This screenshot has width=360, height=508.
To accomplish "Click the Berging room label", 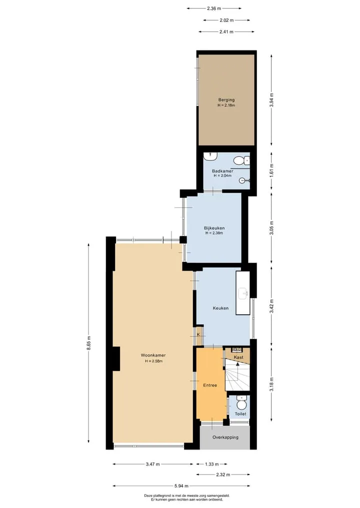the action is point(226,100).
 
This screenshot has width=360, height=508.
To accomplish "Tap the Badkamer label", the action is point(222,171).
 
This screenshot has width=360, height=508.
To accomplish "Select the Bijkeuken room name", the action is point(214,228).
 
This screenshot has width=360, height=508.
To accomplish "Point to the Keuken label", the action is point(220,308).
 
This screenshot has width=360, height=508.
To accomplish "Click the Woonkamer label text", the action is point(153,355).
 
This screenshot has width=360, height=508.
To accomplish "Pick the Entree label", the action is point(210,385).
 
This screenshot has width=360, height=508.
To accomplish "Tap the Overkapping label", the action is point(225,438).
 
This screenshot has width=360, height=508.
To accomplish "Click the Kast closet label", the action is point(238,357).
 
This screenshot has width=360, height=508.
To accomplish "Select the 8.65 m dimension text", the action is point(88,343).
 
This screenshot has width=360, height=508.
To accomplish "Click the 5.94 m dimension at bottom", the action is point(181,486).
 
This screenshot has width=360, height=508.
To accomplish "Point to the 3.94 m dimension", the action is point(272,100).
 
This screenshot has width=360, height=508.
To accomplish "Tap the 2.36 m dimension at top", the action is point(214,9).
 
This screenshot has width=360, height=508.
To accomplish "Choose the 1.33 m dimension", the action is point(212,464).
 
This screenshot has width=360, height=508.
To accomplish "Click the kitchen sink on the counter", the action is point(243,294).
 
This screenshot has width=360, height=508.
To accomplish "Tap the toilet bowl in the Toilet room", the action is point(241,404).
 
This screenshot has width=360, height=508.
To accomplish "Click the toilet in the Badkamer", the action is point(239,160).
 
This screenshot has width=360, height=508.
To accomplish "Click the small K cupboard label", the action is point(198,334).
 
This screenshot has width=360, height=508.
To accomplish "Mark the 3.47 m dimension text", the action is point(153,464).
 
